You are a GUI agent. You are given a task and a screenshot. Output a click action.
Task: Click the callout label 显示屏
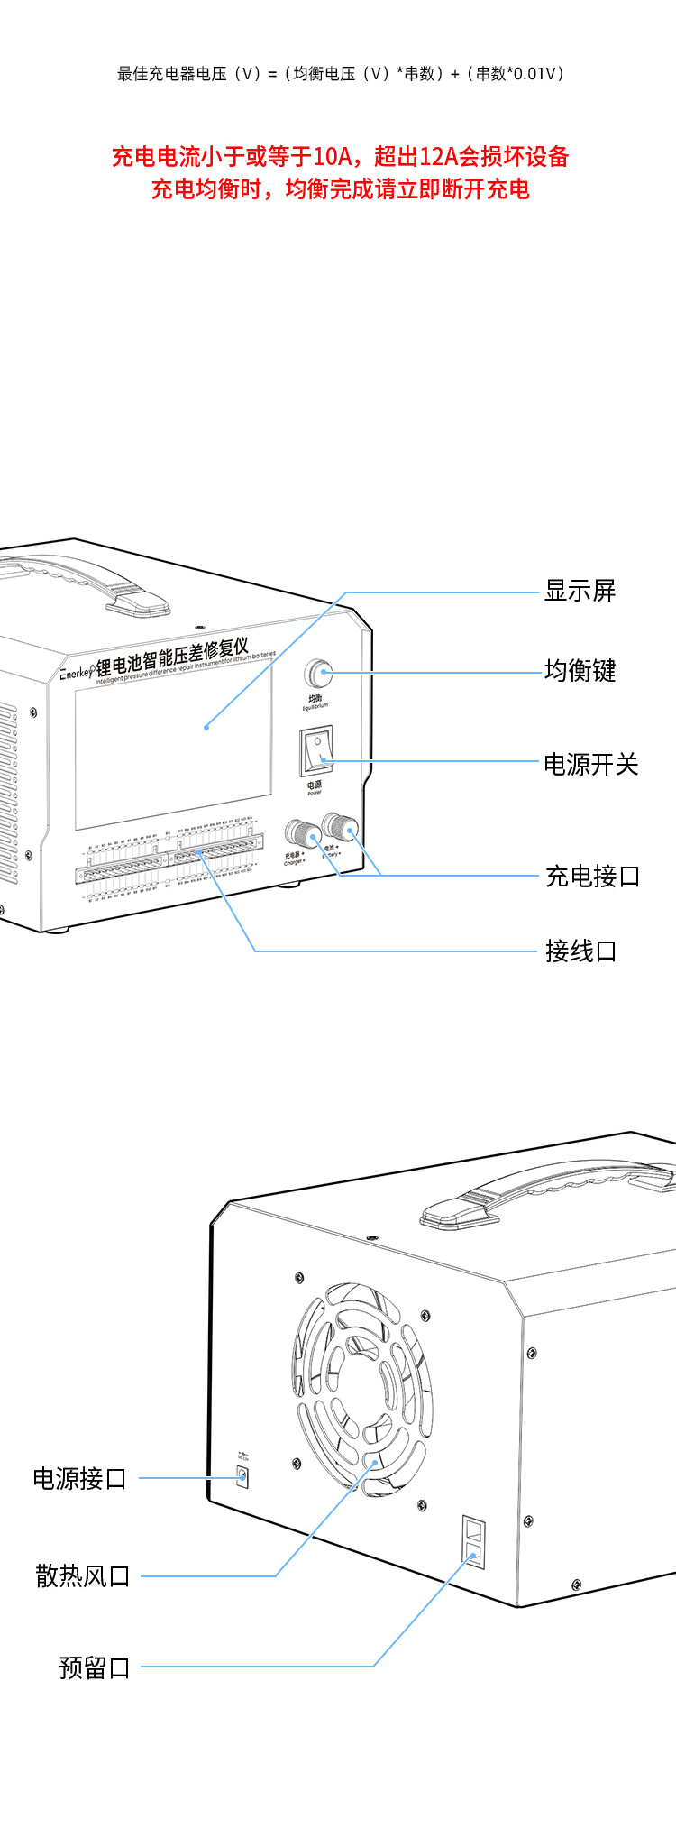point(580,592)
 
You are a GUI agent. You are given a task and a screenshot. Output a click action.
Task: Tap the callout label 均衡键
point(580,671)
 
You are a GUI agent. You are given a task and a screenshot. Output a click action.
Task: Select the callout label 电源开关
point(590,765)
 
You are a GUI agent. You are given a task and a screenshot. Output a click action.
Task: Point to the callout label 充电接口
point(592,877)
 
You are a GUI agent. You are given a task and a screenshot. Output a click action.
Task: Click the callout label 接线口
point(580,951)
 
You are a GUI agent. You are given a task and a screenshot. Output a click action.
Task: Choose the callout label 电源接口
point(79,1479)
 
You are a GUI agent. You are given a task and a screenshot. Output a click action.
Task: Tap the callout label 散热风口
point(83,1576)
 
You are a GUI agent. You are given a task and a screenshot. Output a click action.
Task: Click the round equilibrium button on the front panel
point(317,673)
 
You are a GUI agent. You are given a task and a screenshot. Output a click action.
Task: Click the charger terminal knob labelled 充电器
point(297,832)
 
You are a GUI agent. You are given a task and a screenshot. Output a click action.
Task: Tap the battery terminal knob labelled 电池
point(338,825)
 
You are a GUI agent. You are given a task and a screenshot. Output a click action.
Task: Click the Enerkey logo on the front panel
point(77,673)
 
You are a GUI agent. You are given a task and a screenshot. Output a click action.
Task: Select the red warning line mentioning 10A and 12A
point(340,157)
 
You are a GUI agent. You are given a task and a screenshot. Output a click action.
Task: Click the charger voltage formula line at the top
point(340,74)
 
